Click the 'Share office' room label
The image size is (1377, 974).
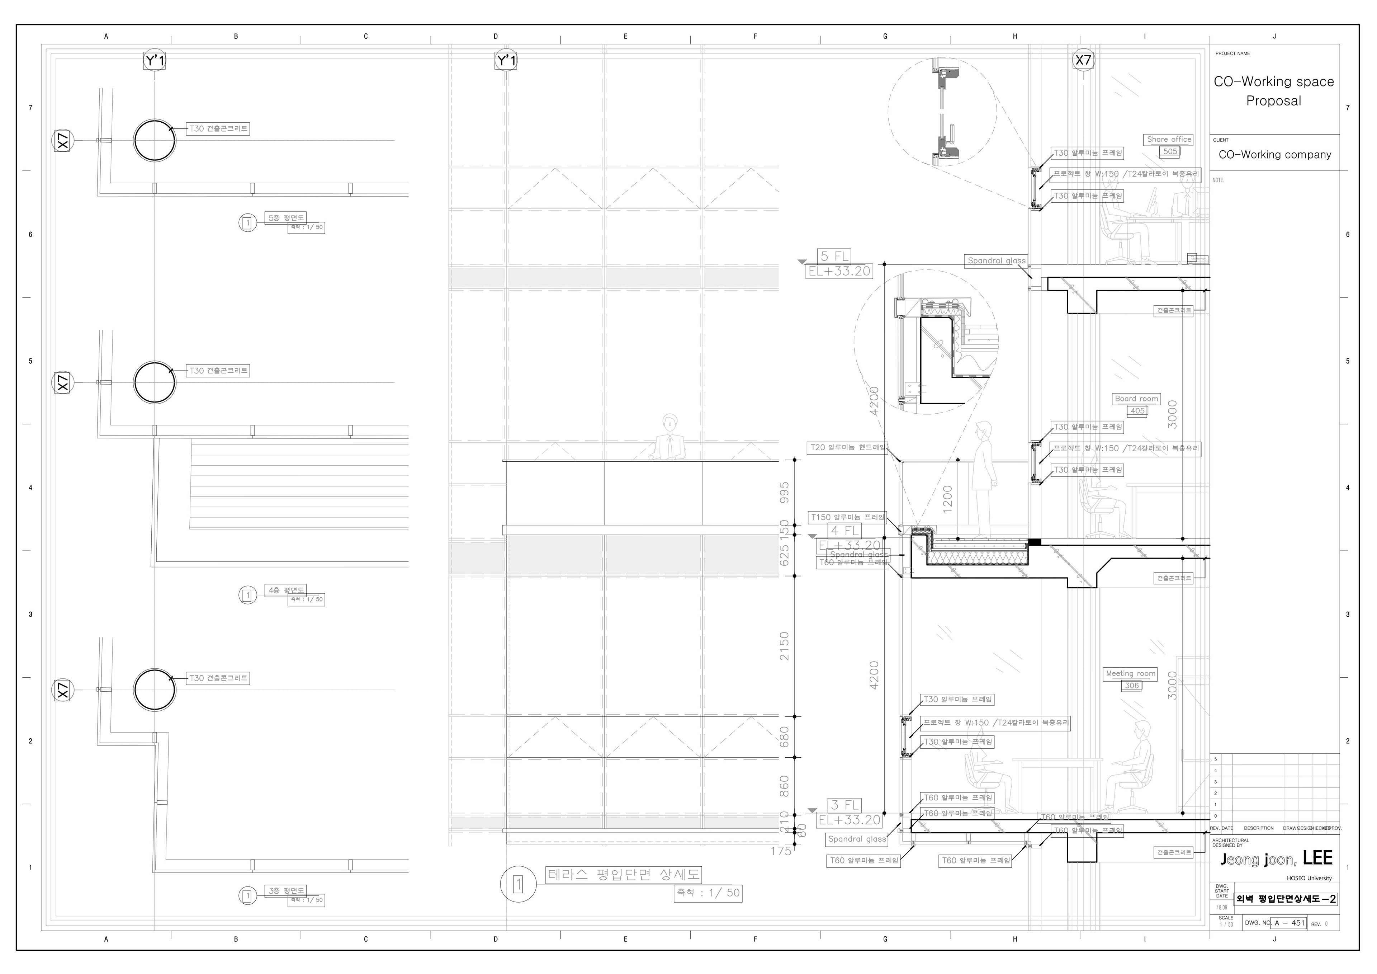(x=1168, y=139)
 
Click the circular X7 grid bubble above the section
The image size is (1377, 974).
(x=1083, y=60)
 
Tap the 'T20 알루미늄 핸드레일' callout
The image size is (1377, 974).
(x=847, y=448)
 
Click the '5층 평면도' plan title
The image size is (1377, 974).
(x=286, y=217)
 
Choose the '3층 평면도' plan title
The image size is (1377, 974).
(x=286, y=890)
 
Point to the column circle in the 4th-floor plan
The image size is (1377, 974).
(x=155, y=382)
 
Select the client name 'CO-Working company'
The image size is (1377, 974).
(x=1274, y=155)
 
